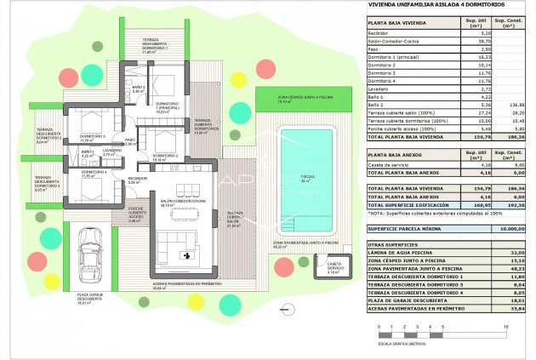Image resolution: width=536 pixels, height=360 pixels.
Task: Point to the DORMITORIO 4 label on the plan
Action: [93, 173]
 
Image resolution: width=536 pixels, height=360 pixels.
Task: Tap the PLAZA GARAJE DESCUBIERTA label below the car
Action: [89, 297]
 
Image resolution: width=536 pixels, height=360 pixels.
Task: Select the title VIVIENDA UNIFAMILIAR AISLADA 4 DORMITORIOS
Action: [419, 6]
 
